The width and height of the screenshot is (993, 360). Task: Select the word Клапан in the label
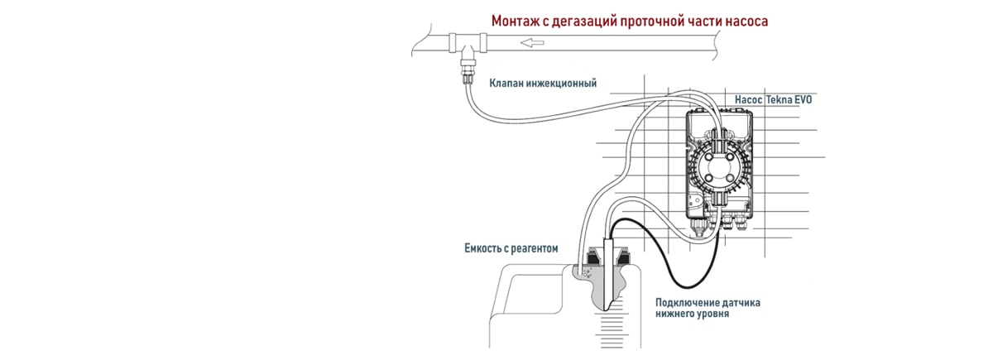509,84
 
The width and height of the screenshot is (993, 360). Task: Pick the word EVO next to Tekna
803,100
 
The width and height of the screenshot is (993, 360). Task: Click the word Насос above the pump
748,100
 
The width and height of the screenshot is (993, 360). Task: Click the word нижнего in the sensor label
677,314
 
